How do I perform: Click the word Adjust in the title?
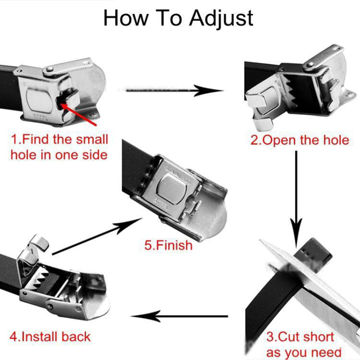[x=221, y=19]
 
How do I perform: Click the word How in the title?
[x=126, y=18]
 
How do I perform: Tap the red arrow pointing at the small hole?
[x=78, y=114]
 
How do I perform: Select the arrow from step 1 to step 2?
[x=175, y=90]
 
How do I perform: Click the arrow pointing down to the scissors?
[x=296, y=199]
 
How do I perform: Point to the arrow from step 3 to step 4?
[x=180, y=316]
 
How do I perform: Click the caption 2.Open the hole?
[x=300, y=140]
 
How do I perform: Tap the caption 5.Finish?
[x=168, y=245]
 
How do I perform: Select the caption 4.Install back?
[x=50, y=337]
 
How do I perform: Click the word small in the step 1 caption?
[x=92, y=139]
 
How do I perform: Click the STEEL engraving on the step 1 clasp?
[x=40, y=117]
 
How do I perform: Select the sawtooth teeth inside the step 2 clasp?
[x=291, y=94]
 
